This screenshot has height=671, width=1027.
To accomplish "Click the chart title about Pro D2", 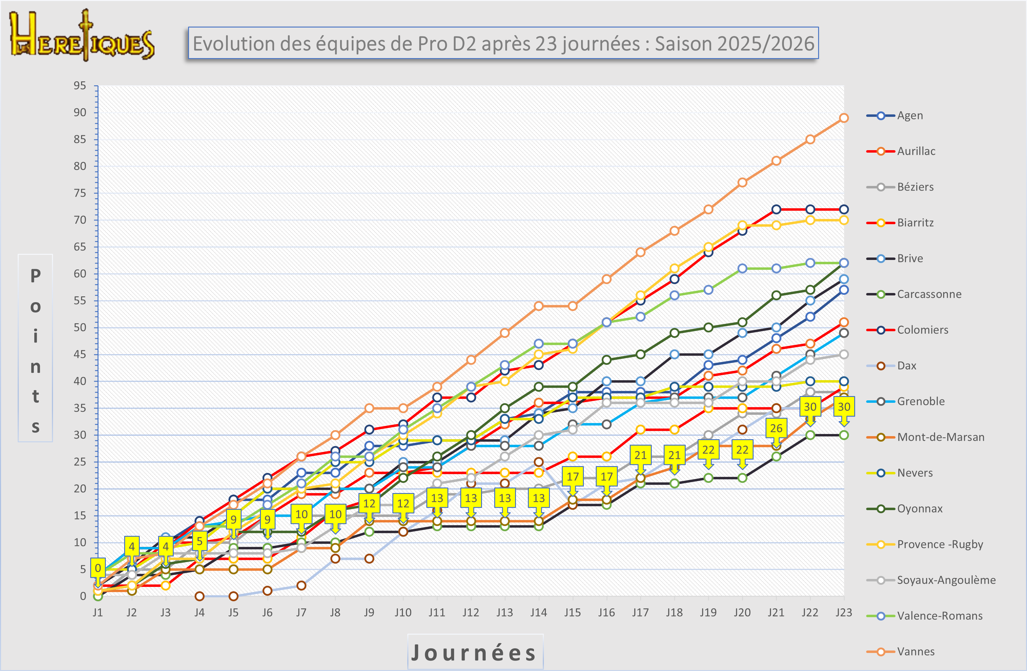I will (503, 43).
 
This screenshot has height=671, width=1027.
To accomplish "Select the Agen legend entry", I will (910, 116).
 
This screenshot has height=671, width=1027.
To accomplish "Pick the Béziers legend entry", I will (915, 187).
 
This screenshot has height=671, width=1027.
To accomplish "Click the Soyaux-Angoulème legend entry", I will (946, 580).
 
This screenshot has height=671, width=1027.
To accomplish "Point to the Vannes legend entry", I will (915, 652).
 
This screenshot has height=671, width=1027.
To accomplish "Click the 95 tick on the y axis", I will (80, 85).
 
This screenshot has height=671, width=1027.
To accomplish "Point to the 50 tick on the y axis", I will (80, 328).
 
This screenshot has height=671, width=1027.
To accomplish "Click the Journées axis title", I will (475, 652).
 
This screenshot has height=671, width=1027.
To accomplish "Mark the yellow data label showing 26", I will (776, 428).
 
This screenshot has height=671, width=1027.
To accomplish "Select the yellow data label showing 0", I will (98, 568).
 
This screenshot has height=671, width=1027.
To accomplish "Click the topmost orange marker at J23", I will (843, 118).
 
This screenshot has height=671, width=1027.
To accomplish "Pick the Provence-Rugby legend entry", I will (940, 545).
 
